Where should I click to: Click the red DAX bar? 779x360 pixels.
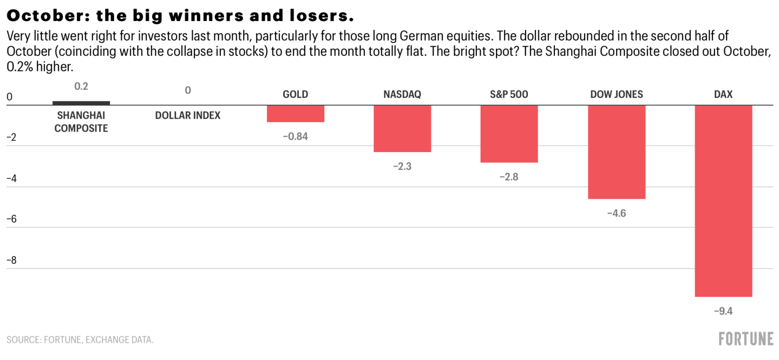click(723, 200)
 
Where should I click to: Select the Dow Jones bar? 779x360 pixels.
click(617, 152)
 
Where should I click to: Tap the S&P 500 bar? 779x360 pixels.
click(509, 133)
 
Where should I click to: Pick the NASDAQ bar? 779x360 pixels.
click(402, 128)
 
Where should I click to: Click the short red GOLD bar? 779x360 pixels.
click(296, 114)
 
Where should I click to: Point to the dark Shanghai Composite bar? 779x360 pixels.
click(81, 103)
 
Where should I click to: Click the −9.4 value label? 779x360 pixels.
click(723, 311)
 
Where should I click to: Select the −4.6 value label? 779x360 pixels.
click(617, 213)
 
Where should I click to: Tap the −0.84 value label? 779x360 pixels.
click(295, 136)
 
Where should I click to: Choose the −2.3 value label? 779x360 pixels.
click(402, 167)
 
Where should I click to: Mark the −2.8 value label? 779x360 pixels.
click(509, 176)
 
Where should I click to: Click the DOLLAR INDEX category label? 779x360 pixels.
click(188, 115)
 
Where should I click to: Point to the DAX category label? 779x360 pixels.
click(723, 94)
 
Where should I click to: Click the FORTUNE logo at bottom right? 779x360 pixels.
click(746, 339)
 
